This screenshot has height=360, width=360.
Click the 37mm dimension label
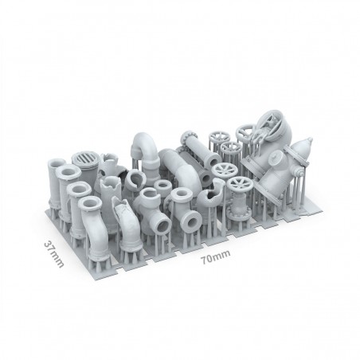click(54, 254)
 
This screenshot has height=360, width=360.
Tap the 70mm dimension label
click(215, 256)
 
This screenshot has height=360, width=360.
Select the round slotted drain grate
click(85, 158)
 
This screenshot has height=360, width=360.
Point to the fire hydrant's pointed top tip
click(310, 139)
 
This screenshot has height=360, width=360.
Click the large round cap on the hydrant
click(276, 158)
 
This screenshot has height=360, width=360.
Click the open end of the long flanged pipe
click(213, 159)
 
